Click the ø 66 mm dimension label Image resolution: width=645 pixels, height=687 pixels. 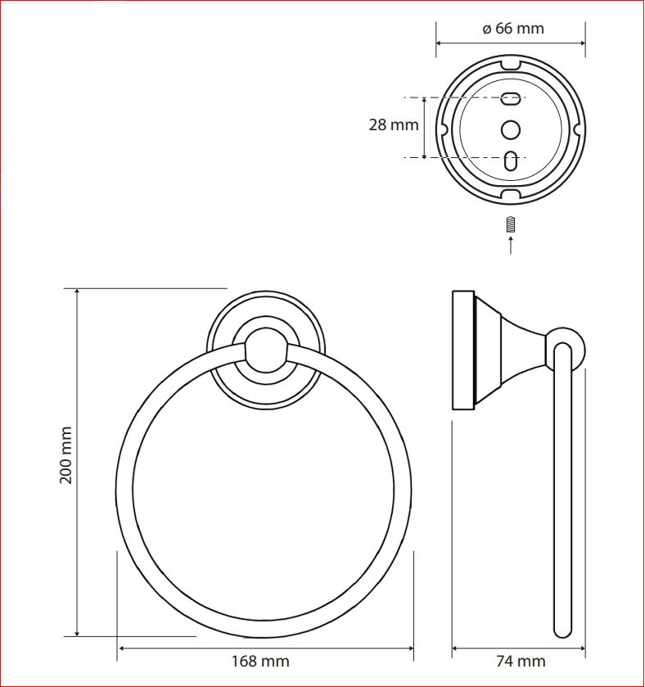click(x=513, y=29)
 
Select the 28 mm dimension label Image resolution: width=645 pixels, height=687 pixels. click(x=394, y=124)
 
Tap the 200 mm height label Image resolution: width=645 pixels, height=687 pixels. click(x=65, y=455)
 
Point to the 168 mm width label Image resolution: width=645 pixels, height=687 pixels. click(x=260, y=661)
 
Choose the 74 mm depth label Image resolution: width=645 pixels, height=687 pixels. click(x=521, y=661)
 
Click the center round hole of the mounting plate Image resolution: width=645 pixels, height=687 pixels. click(x=511, y=130)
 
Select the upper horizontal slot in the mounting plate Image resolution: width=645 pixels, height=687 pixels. click(x=511, y=98)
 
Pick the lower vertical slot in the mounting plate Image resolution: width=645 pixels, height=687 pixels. click(x=511, y=161)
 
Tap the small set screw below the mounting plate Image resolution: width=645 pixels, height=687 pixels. click(x=510, y=224)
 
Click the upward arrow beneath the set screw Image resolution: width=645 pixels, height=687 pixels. click(x=511, y=245)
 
